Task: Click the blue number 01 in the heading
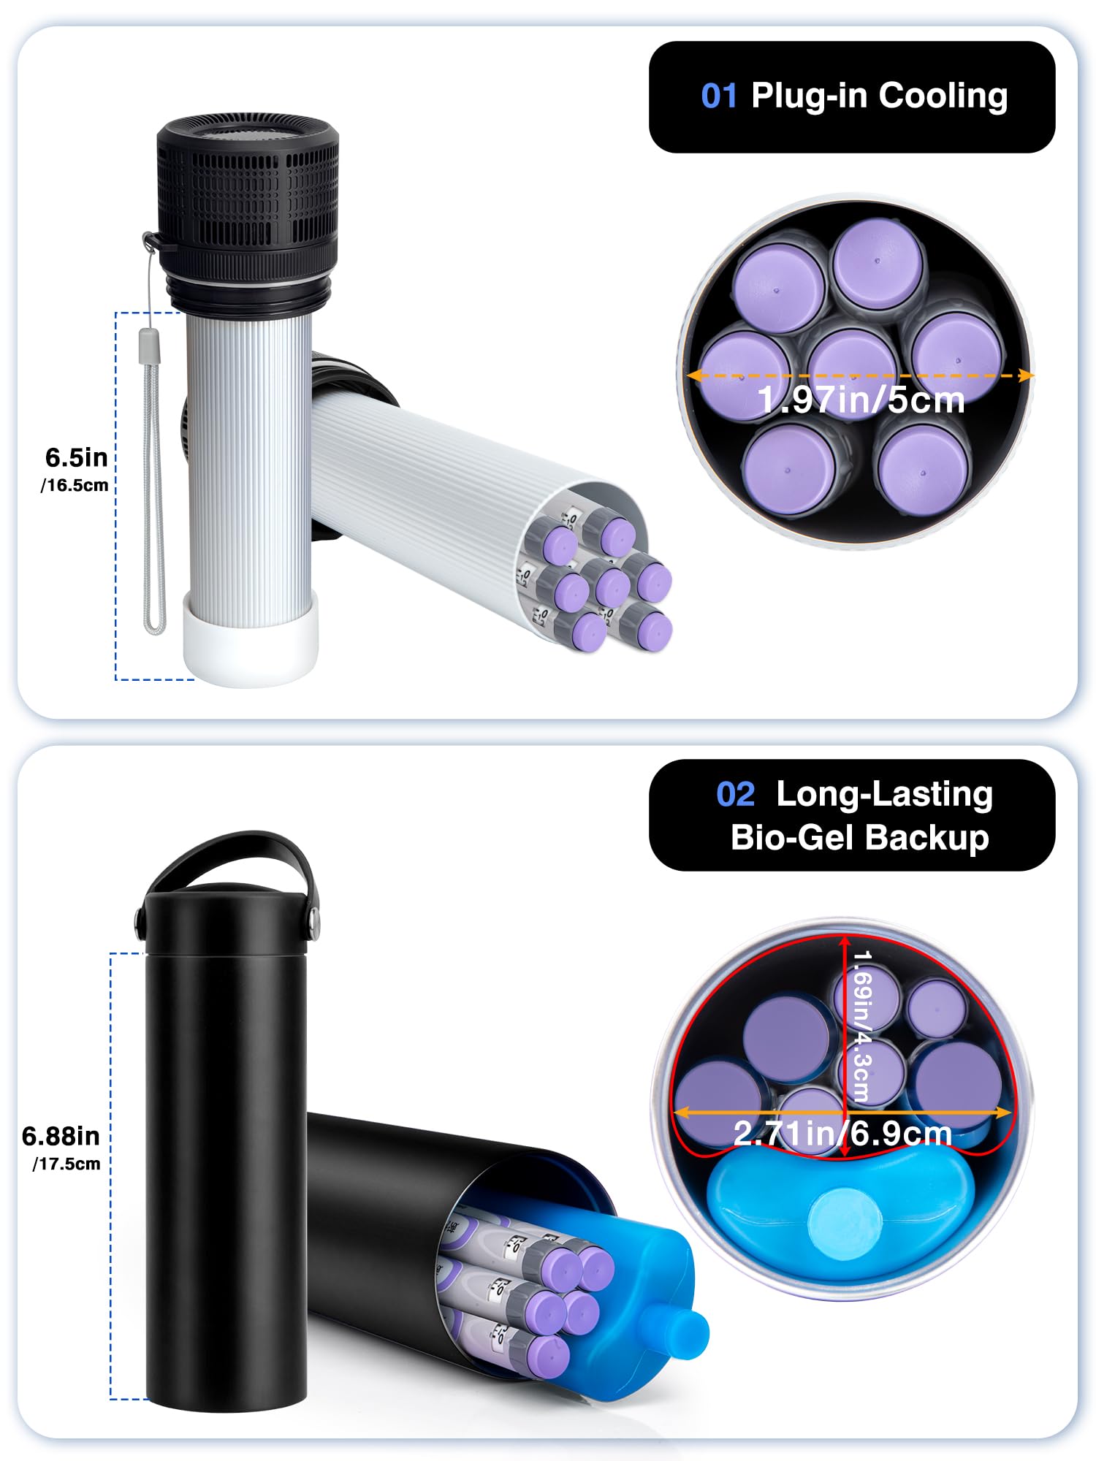point(718,96)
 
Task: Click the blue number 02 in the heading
point(735,795)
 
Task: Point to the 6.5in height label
point(76,458)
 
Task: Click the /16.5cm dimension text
point(74,486)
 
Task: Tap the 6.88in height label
point(61,1137)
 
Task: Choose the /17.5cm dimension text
point(66,1164)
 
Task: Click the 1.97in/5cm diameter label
point(861,400)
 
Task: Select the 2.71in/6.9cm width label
point(842,1134)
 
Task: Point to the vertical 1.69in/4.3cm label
point(862,1026)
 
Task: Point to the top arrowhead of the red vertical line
point(845,942)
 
